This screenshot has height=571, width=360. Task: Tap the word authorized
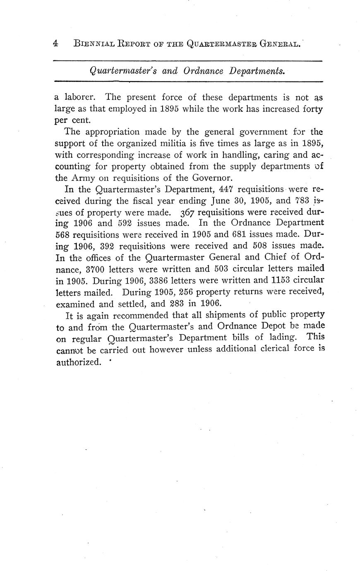click(78, 362)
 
